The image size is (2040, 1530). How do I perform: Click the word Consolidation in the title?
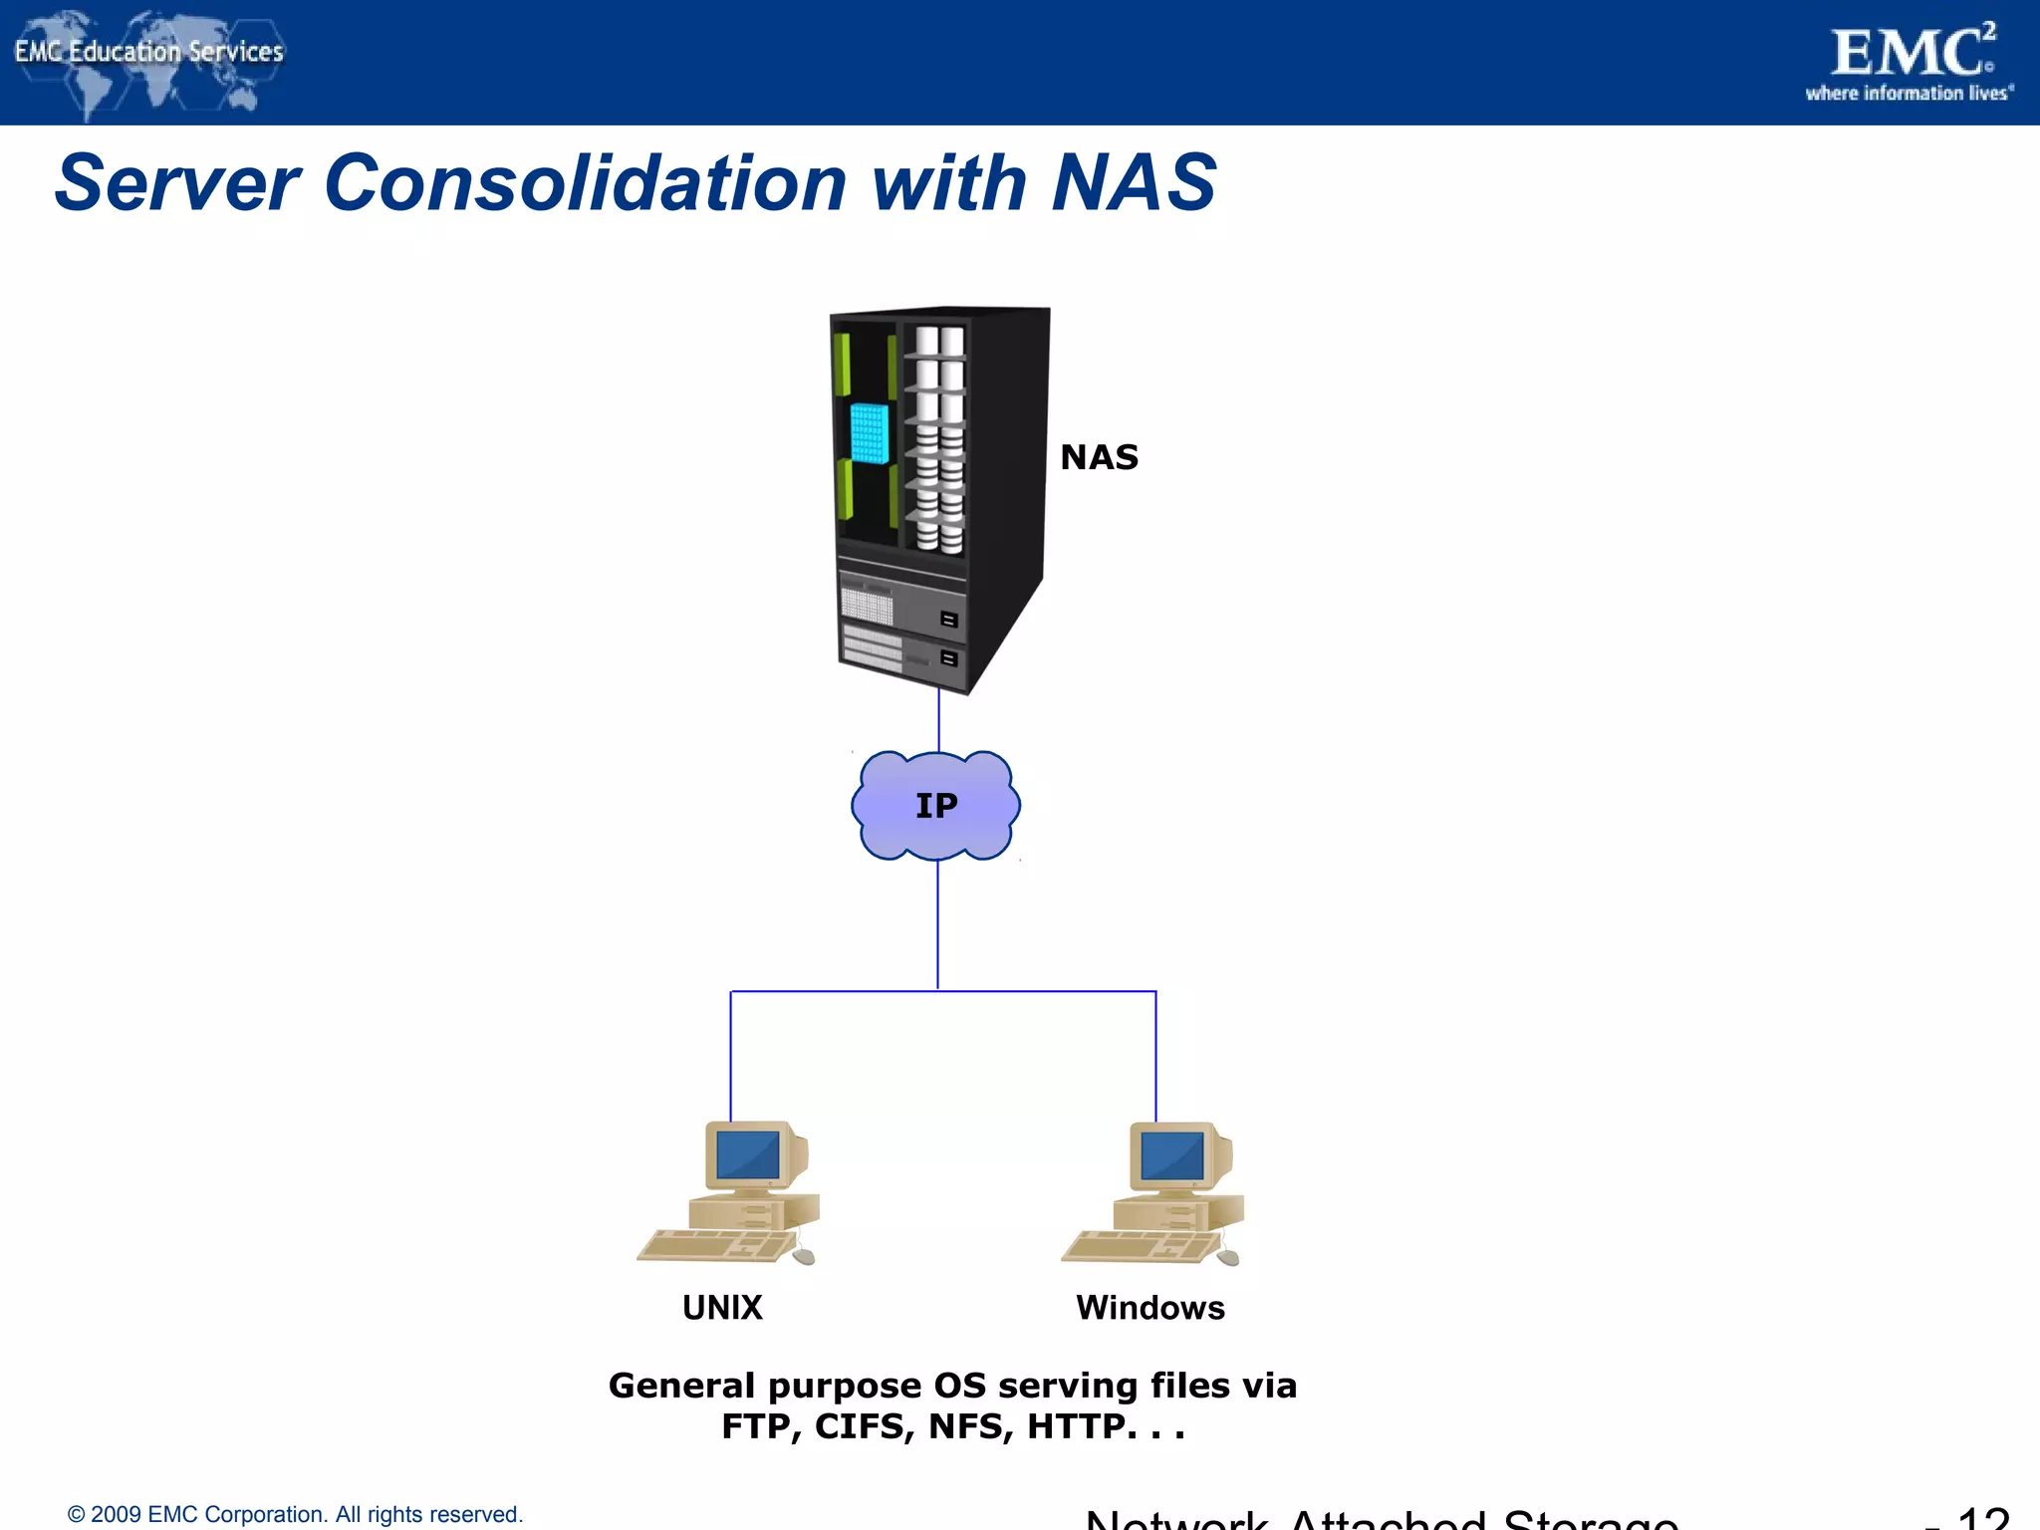coord(585,183)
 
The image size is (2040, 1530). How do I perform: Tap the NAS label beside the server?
coord(1099,457)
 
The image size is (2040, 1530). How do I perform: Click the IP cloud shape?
coord(936,806)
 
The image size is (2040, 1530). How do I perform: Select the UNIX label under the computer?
coord(722,1308)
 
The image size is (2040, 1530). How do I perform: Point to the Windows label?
coord(1150,1308)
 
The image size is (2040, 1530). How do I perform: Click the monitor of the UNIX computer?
coord(749,1155)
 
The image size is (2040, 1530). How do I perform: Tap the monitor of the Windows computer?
coord(1173,1155)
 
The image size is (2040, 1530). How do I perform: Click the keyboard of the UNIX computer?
coord(712,1246)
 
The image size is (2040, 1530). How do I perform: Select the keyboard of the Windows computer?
coord(1138,1246)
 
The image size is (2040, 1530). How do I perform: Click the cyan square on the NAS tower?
coord(869,433)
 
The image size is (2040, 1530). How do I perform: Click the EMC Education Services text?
coord(149,52)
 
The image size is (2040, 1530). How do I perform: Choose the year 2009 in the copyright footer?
coord(116,1515)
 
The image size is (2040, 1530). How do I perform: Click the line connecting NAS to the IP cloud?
coord(938,721)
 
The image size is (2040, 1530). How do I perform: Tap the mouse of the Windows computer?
coord(1228,1257)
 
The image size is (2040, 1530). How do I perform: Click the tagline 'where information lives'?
coord(1909,94)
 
